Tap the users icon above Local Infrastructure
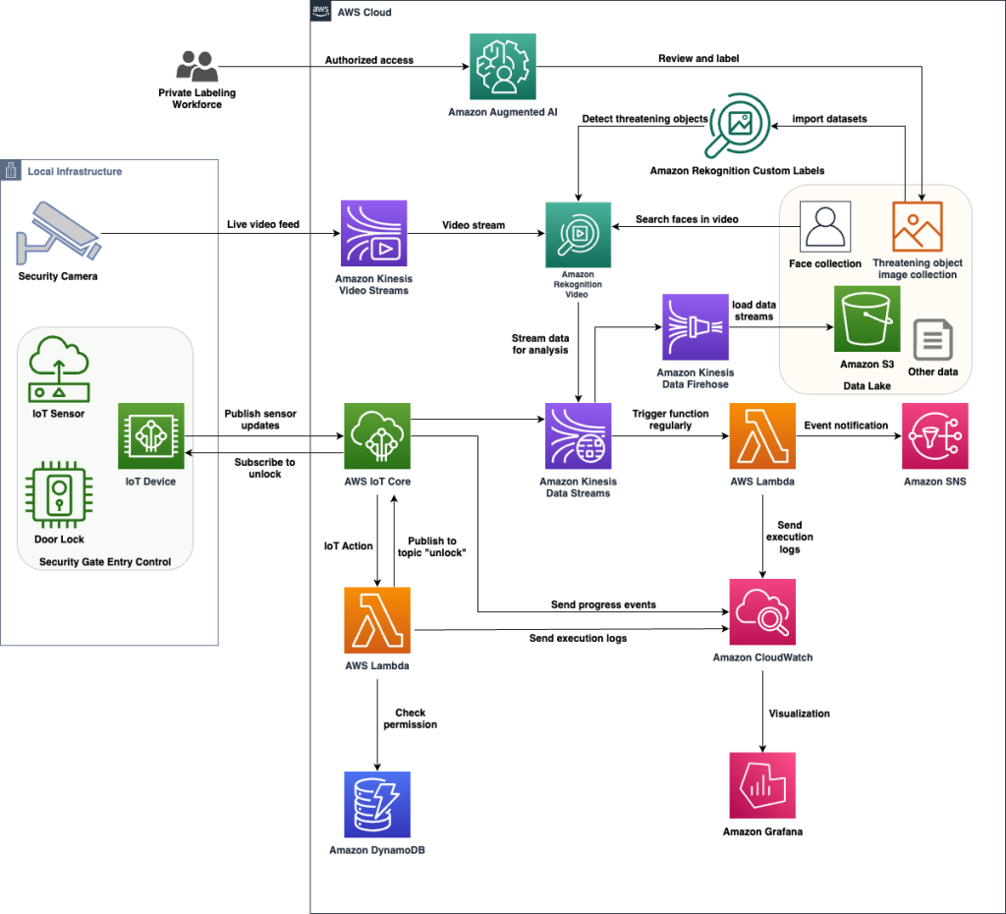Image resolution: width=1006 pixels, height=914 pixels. coord(196,66)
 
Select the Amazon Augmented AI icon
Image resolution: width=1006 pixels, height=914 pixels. coord(502,66)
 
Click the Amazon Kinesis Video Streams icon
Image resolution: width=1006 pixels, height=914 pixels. coord(374,233)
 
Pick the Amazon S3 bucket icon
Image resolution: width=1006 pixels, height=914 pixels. coord(866,318)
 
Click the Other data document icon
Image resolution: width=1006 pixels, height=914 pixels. coord(933,340)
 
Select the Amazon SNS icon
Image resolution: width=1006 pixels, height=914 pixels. coord(934,435)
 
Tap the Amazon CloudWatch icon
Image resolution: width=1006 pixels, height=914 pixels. coord(761,611)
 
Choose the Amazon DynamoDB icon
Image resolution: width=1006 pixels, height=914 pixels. coord(376,804)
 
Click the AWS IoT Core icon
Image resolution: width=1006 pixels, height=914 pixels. coord(376,435)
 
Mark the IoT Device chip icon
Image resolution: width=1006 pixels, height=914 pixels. coord(150,435)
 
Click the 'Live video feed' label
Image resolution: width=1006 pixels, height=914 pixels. coord(263,225)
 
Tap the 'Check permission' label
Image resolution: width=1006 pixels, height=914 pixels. coord(410,718)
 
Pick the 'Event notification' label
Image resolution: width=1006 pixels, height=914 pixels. coord(846,426)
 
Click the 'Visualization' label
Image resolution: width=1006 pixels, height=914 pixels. coord(799,714)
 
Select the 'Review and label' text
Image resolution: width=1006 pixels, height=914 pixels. coord(699,59)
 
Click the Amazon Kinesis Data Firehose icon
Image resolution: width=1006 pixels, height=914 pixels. coord(695,327)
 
